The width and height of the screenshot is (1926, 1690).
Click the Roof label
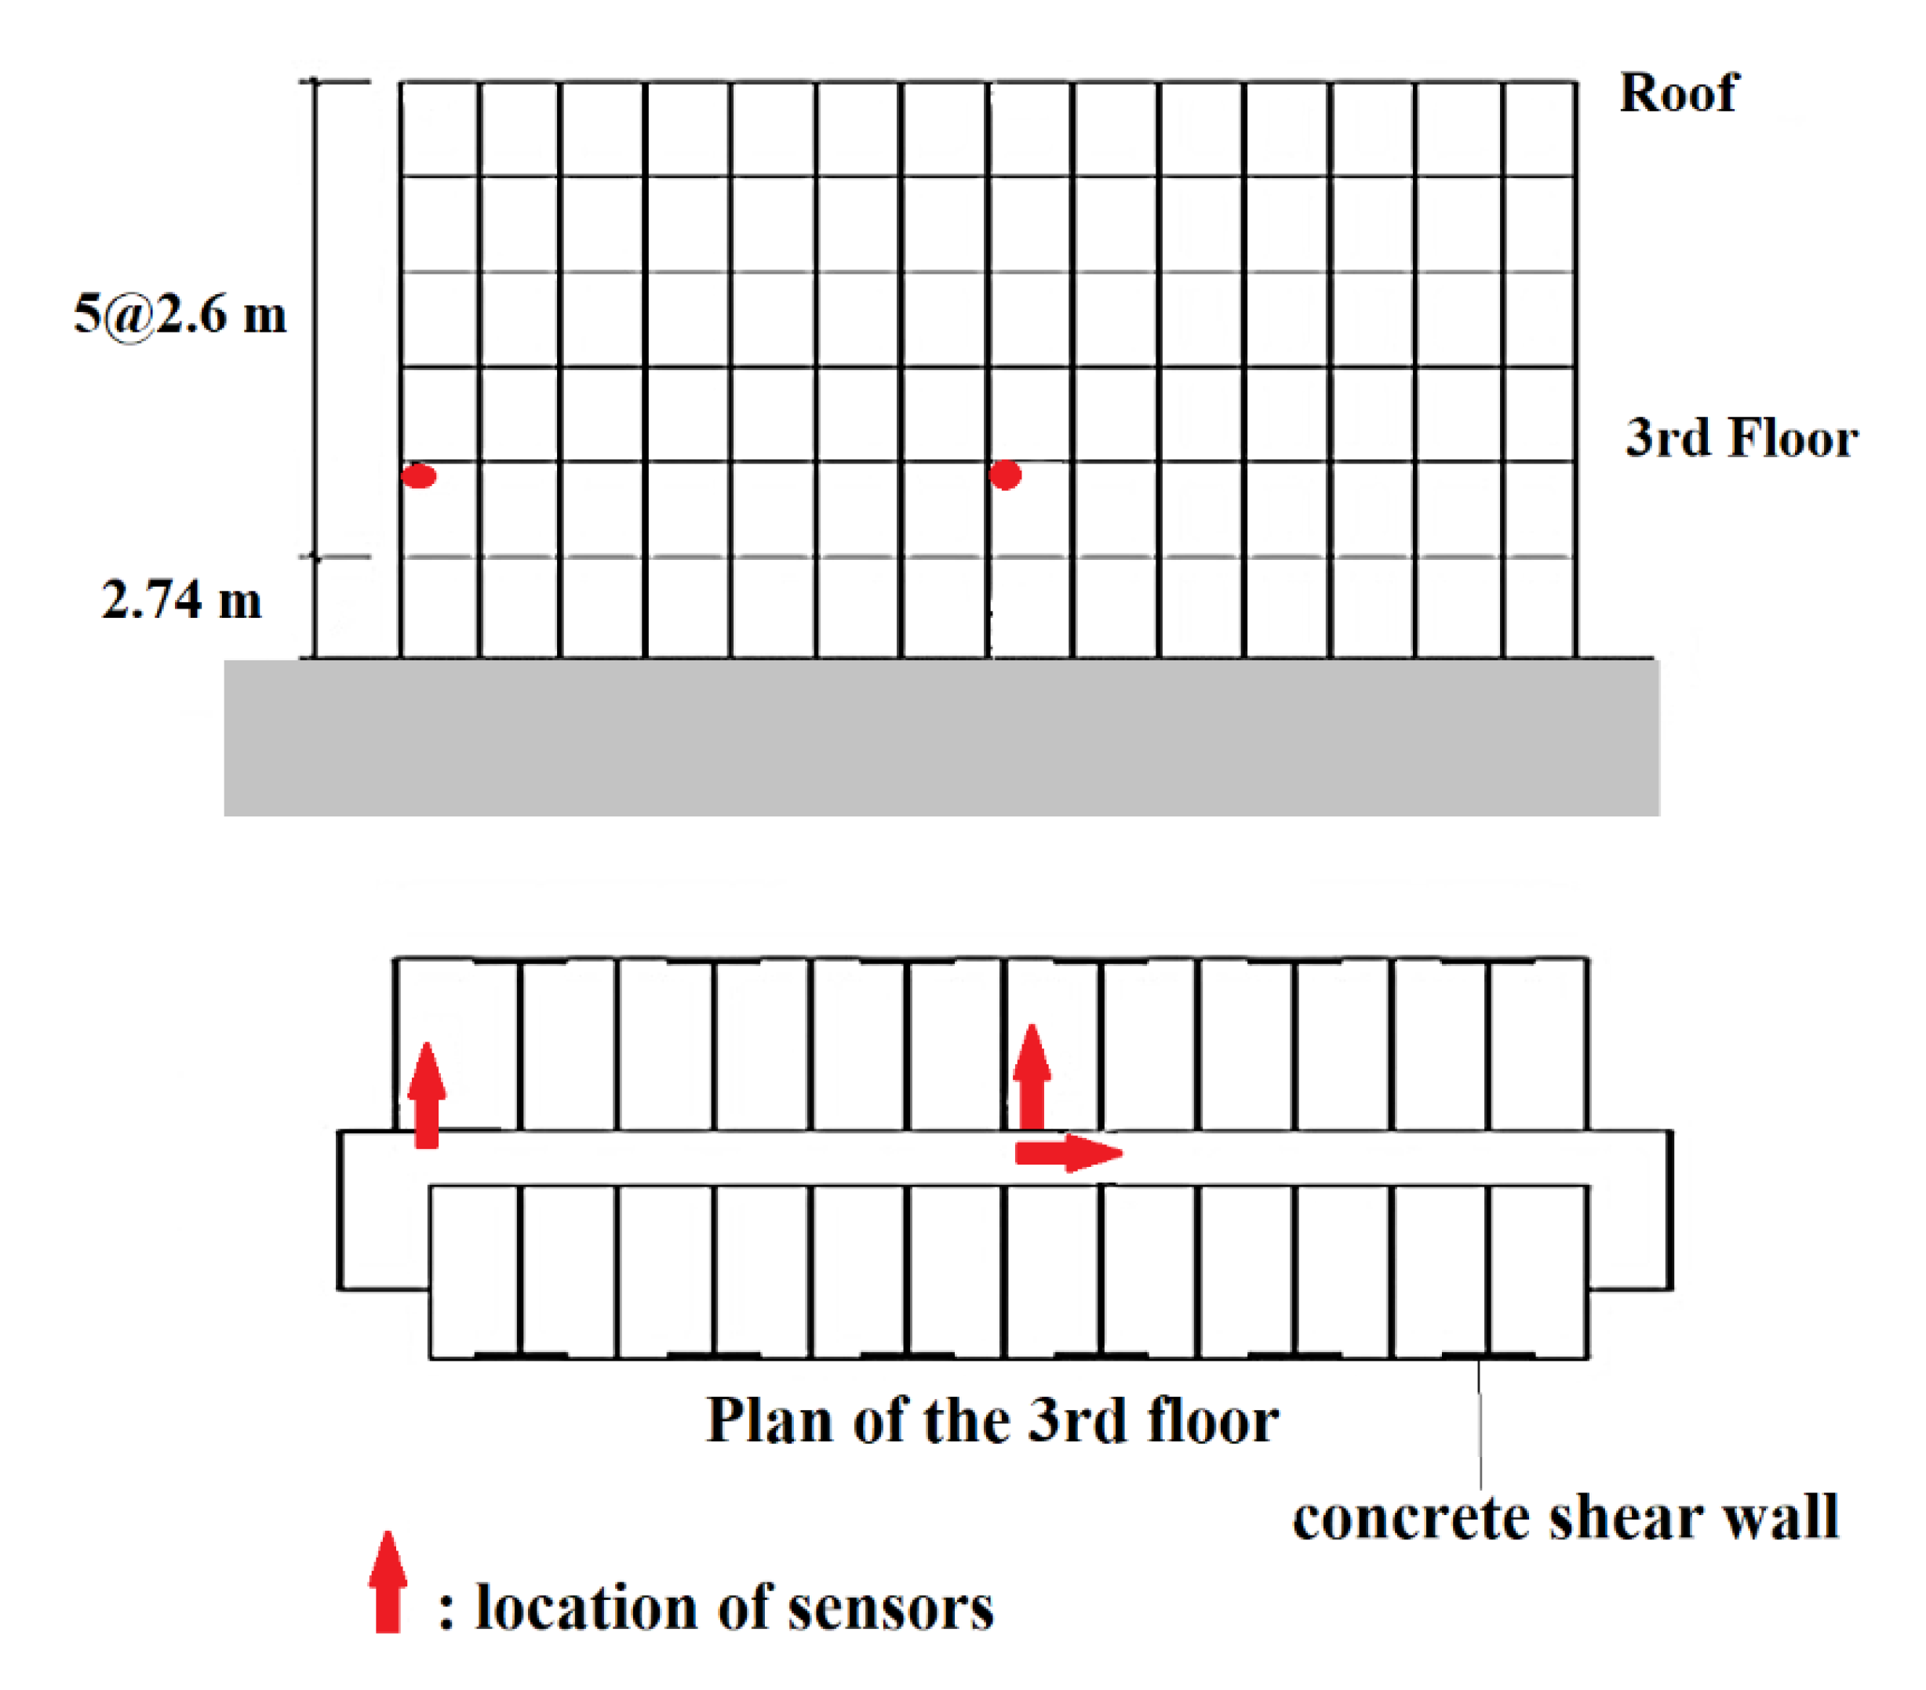tap(1678, 93)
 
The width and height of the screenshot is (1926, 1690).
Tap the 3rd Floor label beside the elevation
tap(1742, 438)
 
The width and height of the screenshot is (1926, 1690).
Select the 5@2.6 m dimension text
tap(180, 314)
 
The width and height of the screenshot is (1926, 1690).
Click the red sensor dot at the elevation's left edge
tap(418, 476)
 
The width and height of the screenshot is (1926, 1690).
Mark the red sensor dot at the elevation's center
tap(1006, 474)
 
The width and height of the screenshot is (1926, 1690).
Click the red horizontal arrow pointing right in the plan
tap(1068, 1152)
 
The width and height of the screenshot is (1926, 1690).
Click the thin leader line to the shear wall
tap(1480, 1423)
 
